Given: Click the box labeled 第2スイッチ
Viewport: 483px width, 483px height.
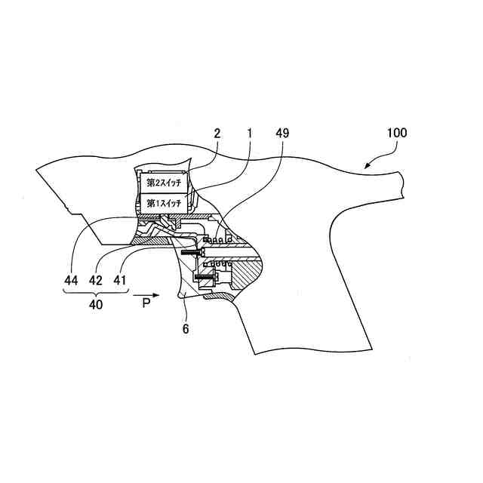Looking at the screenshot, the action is (163, 182).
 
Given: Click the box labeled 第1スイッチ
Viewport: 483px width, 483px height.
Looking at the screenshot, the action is (163, 202).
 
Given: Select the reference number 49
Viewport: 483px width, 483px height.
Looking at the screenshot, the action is (282, 133).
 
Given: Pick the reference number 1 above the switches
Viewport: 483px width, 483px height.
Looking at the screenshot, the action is (251, 133).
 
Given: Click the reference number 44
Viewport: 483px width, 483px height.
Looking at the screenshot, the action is (70, 279).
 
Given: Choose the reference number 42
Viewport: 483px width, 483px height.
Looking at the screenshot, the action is (96, 279).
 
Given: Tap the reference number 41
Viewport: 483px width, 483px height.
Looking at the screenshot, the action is (119, 279).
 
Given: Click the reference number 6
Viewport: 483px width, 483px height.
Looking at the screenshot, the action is (186, 328).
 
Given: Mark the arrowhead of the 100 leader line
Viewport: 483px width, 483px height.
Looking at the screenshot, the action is (365, 165).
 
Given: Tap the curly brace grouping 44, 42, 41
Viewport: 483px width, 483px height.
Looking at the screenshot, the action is (94, 294).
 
